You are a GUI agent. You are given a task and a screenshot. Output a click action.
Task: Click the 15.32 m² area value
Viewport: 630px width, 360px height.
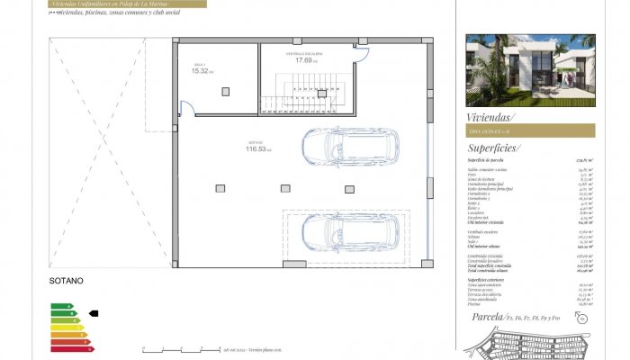tap(201, 71)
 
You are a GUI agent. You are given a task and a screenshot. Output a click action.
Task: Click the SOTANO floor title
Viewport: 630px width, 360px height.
tap(66, 281)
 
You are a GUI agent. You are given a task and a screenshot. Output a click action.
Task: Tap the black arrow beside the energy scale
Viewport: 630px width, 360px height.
tap(93, 314)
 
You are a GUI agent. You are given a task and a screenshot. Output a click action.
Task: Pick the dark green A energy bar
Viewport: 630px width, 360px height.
tap(58, 307)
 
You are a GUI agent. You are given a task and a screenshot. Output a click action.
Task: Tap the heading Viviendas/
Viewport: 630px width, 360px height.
tap(490, 117)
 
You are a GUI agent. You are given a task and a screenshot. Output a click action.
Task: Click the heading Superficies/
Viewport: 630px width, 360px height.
tap(494, 148)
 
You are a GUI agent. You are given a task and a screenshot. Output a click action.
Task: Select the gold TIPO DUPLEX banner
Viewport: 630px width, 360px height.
tap(530, 131)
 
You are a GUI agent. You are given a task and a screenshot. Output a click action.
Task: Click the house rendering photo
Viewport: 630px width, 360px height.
tap(530, 71)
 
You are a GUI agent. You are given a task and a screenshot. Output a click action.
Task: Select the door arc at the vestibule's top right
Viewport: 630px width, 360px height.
tap(361, 54)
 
